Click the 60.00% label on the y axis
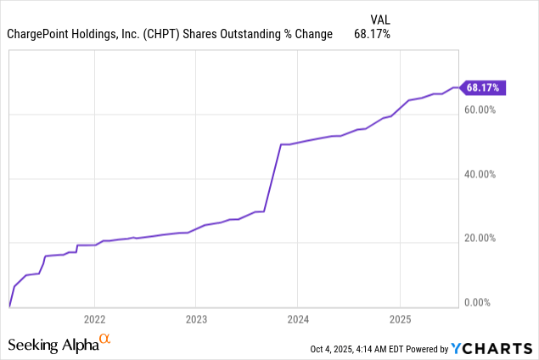(x=481, y=110)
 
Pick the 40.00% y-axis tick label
(x=481, y=175)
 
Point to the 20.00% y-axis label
(x=481, y=239)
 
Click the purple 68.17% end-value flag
(x=484, y=87)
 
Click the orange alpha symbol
(x=105, y=340)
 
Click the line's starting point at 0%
(x=9, y=306)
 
